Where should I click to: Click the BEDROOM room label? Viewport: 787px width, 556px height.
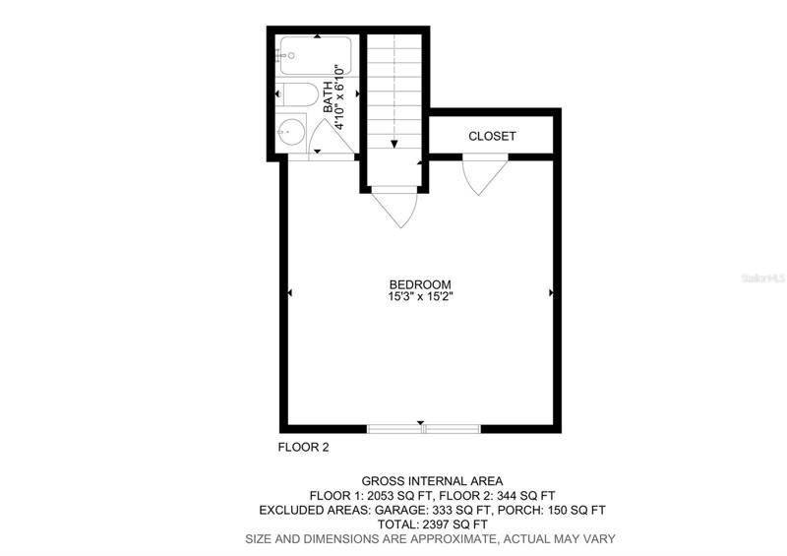pyautogui.click(x=421, y=284)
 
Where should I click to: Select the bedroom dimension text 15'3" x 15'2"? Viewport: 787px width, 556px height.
pyautogui.click(x=421, y=296)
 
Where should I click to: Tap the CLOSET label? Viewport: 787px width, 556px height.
pyautogui.click(x=492, y=136)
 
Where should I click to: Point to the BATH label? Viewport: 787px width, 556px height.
pyautogui.click(x=328, y=97)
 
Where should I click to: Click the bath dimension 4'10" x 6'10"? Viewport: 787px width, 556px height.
pyautogui.click(x=339, y=97)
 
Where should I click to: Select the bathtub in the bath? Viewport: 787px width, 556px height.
pyautogui.click(x=315, y=56)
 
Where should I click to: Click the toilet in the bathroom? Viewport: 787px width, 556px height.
pyautogui.click(x=297, y=94)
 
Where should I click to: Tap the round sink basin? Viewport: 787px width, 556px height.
pyautogui.click(x=291, y=132)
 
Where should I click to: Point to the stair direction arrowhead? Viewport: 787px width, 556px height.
pyautogui.click(x=394, y=144)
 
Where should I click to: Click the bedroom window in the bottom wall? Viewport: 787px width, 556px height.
pyautogui.click(x=424, y=429)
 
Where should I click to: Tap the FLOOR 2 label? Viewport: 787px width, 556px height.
pyautogui.click(x=304, y=447)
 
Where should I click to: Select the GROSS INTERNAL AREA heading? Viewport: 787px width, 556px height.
pyautogui.click(x=432, y=481)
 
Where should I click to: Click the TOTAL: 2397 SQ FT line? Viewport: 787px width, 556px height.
pyautogui.click(x=432, y=525)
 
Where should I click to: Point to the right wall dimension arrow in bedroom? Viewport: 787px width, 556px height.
pyautogui.click(x=551, y=292)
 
